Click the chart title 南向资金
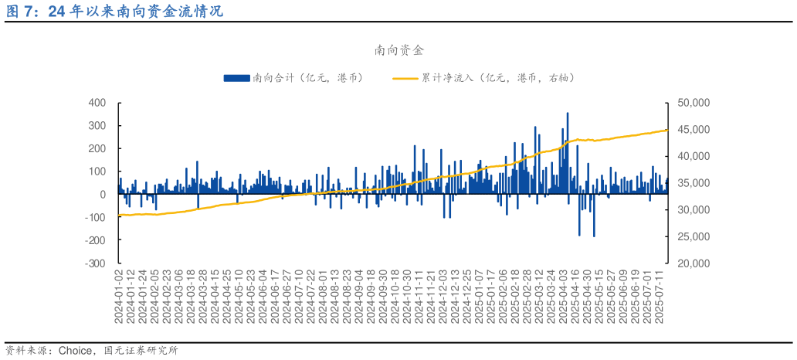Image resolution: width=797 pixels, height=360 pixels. point(398,50)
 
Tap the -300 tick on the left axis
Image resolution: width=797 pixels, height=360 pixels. point(96,263)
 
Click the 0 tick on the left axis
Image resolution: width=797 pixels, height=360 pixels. point(103,195)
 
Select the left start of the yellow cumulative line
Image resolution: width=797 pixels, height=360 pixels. point(119,215)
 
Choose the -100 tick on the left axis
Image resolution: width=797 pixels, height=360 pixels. point(96,218)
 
